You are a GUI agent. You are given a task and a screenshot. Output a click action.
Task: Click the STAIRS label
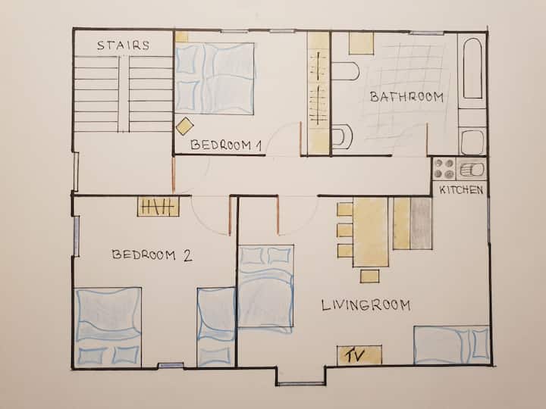pyautogui.click(x=124, y=45)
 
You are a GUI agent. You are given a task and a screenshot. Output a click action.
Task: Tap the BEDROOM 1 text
pyautogui.click(x=226, y=145)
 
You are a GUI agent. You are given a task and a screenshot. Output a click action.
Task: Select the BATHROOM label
pyautogui.click(x=406, y=97)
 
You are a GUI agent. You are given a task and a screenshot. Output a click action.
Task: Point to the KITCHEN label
pyautogui.click(x=461, y=189)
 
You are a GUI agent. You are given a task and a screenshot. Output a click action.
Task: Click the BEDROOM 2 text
pyautogui.click(x=152, y=255)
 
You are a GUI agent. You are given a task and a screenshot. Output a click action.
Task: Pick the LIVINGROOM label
pyautogui.click(x=366, y=305)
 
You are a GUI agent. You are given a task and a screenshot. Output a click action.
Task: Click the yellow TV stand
pyautogui.click(x=359, y=355)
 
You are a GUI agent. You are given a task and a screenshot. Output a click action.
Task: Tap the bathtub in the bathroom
pyautogui.click(x=473, y=68)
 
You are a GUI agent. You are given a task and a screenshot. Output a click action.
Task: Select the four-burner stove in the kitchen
pyautogui.click(x=444, y=169)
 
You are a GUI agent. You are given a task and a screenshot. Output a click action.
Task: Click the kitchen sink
pyautogui.click(x=470, y=170)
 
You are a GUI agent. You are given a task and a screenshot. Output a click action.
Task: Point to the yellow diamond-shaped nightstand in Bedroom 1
pyautogui.click(x=185, y=126)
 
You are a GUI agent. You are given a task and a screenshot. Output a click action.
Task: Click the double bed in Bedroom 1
pyautogui.click(x=215, y=79)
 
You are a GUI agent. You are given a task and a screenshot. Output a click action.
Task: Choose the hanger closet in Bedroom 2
pyautogui.click(x=158, y=207)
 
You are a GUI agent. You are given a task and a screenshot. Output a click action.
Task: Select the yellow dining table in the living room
pyautogui.click(x=371, y=232)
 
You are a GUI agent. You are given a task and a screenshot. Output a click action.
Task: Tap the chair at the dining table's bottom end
pyautogui.click(x=369, y=276)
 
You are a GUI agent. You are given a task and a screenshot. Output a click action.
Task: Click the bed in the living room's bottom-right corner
pyautogui.click(x=452, y=345)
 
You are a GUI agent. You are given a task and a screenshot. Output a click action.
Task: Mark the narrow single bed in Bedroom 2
pyautogui.click(x=216, y=327)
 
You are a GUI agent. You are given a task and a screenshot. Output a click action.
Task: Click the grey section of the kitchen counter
pyautogui.click(x=421, y=223)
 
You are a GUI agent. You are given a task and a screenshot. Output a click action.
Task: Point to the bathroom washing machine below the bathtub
pyautogui.click(x=472, y=142)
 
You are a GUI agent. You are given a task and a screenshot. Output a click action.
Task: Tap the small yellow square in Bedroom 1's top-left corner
pyautogui.click(x=181, y=37)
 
